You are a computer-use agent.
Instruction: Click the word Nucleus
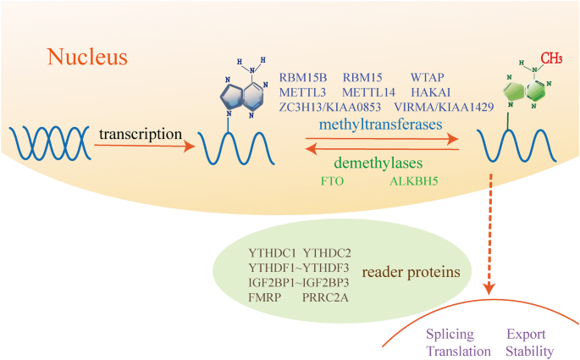pos(87,58)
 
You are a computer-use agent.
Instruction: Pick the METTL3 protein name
pos(302,92)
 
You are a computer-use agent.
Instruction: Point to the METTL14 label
pos(369,92)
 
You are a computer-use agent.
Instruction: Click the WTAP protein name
pos(428,77)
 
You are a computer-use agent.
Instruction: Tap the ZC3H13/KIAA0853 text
pos(330,108)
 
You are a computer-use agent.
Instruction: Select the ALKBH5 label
pos(412,180)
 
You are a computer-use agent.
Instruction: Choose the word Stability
pos(531,350)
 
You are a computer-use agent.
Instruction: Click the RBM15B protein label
pos(303,77)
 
